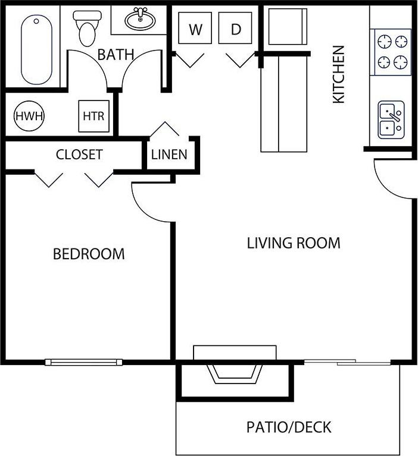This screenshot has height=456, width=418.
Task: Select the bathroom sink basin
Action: tap(141, 20)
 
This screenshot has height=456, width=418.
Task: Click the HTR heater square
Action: tap(93, 116)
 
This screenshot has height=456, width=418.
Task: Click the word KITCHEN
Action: tap(338, 74)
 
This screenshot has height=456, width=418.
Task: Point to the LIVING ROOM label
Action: tap(294, 243)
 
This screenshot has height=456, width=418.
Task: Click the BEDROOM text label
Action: tap(89, 254)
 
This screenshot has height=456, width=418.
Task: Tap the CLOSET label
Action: tap(79, 155)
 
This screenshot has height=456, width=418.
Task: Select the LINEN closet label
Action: tap(169, 155)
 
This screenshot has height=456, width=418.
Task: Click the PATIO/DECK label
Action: tap(289, 427)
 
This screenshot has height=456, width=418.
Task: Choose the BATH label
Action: tap(116, 55)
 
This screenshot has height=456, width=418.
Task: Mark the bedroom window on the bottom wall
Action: tap(83, 361)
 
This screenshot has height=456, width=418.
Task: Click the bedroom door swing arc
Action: tap(149, 205)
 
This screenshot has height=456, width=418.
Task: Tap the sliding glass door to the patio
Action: tap(348, 361)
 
